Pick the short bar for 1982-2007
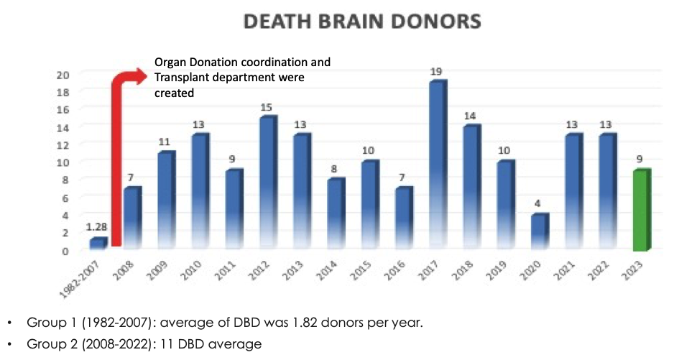tap(98, 244)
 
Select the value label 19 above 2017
tap(437, 73)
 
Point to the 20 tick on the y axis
tap(63, 75)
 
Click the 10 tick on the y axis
tap(63, 162)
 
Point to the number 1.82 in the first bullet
tap(314, 323)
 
